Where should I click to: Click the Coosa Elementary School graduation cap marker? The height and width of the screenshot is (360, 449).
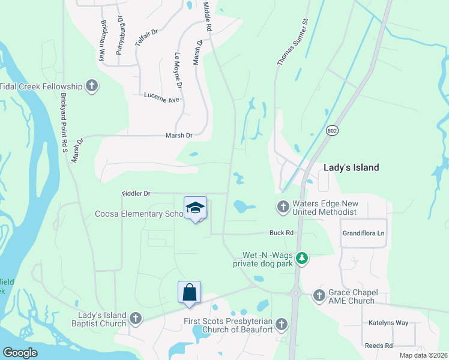(195, 208)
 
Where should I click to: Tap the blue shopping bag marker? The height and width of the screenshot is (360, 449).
(189, 293)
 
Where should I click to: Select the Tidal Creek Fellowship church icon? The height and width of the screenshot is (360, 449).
(92, 86)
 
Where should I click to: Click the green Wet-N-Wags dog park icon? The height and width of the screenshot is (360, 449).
(303, 258)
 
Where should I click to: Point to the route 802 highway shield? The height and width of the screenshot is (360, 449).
(331, 130)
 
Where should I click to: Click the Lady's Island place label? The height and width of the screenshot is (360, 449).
(351, 167)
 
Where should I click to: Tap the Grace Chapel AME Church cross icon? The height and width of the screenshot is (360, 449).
(319, 295)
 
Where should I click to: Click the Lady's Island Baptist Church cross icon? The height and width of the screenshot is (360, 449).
(136, 319)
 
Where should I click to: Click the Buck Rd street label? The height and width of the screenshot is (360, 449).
(281, 233)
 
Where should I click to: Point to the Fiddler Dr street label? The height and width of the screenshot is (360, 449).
(136, 193)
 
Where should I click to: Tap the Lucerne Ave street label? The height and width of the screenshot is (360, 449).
(162, 97)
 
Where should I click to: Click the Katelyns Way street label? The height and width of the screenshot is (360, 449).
(388, 323)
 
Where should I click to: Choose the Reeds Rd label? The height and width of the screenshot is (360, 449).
(379, 346)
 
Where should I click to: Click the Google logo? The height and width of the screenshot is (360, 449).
(20, 353)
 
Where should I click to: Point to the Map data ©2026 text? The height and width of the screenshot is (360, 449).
(423, 355)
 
